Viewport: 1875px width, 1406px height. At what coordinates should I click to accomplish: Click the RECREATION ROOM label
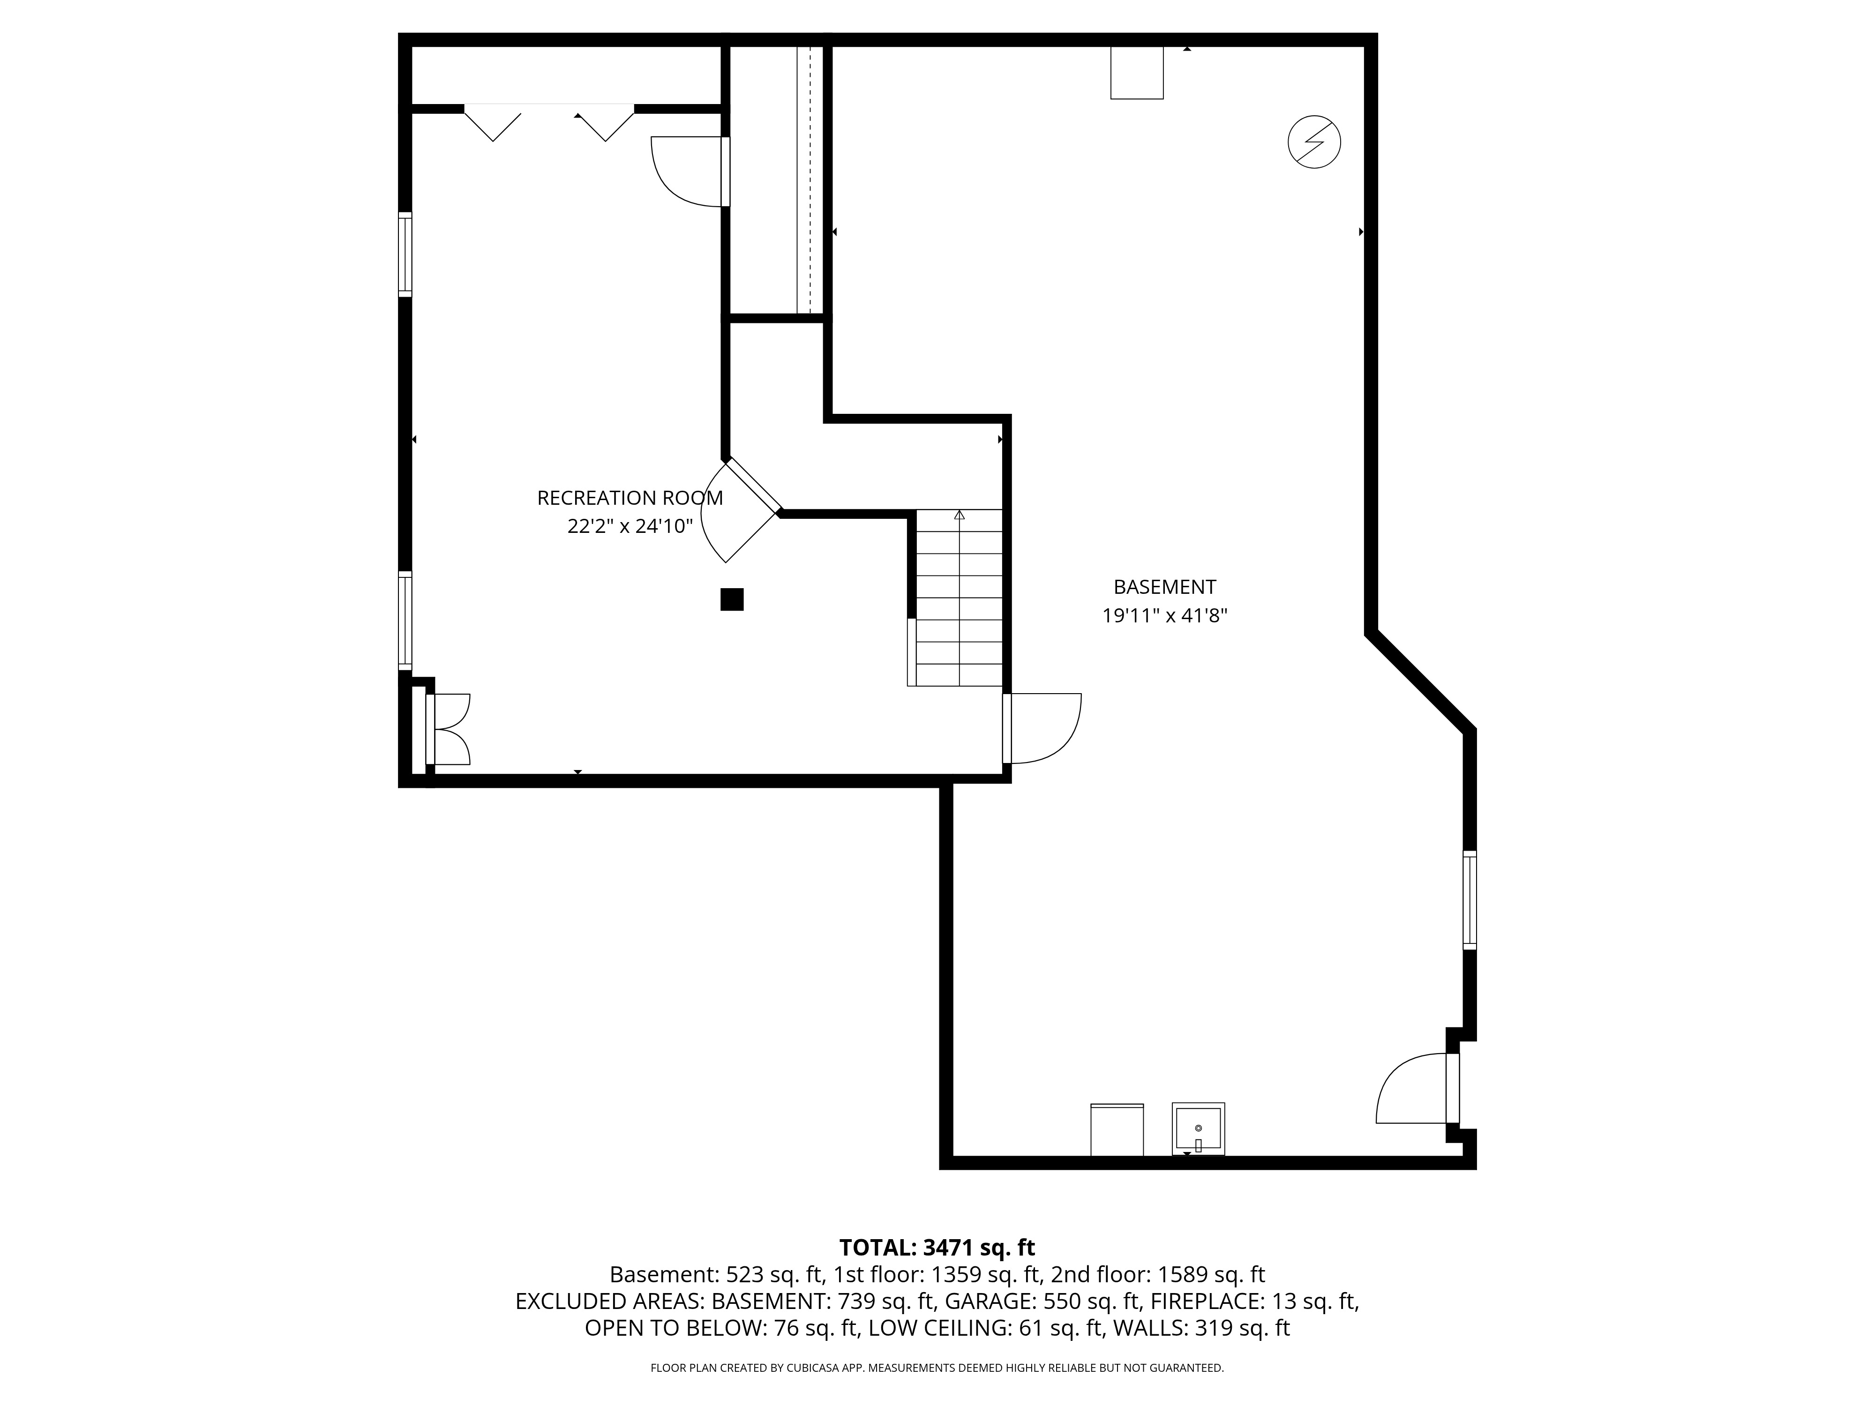(x=630, y=498)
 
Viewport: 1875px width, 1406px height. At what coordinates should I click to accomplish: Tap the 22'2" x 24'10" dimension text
(x=630, y=526)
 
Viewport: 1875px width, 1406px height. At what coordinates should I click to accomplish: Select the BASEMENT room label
(x=1165, y=586)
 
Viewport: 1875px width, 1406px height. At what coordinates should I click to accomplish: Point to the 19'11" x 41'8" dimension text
(x=1165, y=615)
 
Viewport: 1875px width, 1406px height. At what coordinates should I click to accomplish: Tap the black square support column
(x=732, y=599)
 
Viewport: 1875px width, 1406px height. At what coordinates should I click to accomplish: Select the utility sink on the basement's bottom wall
(x=1198, y=1129)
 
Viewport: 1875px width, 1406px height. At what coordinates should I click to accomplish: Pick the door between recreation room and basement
(x=1042, y=729)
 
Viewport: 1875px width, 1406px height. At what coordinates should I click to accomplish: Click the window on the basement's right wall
(x=1470, y=900)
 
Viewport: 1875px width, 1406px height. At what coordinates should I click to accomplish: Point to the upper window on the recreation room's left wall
(x=405, y=254)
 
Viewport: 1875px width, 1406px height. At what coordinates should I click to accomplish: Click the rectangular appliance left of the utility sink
(x=1117, y=1129)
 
